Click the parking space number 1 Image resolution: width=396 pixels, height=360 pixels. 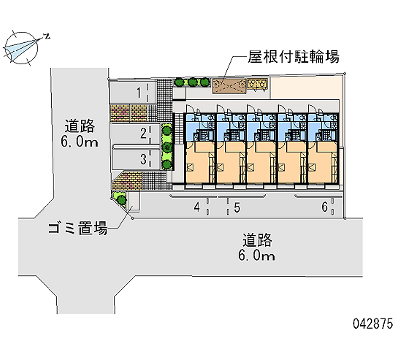(x=139, y=93)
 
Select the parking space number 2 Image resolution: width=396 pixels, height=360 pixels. (x=143, y=133)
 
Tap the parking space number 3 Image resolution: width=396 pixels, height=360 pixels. (x=143, y=159)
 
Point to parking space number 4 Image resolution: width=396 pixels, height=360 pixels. (x=197, y=207)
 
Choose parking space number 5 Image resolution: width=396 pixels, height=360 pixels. (x=237, y=207)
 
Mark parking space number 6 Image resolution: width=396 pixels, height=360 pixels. (x=325, y=207)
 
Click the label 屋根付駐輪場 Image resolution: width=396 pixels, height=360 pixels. (x=294, y=56)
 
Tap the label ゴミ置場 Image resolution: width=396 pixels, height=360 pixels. (x=78, y=228)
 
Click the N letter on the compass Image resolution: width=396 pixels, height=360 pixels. (x=47, y=36)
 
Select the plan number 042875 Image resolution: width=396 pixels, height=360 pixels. (x=373, y=324)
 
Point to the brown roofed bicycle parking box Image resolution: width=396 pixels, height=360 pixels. (x=229, y=86)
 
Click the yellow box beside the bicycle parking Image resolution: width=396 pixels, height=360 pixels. (x=257, y=83)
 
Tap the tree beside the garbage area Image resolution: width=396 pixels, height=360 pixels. (x=122, y=200)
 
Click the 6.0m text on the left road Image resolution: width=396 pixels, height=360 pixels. (x=79, y=142)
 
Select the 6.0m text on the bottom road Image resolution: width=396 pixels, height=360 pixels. (x=256, y=256)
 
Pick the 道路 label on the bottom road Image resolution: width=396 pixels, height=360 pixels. (x=257, y=240)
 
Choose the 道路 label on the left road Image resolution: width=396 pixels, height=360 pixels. (x=80, y=126)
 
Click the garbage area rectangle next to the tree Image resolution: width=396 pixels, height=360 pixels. (x=134, y=201)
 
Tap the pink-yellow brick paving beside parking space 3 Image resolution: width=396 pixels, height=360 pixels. (x=128, y=181)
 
